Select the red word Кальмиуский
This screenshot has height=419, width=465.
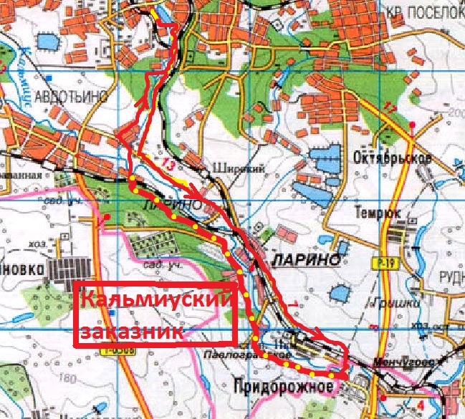pyautogui.click(x=155, y=299)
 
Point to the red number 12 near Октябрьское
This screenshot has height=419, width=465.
pyautogui.click(x=390, y=108)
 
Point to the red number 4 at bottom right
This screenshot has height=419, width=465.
pyautogui.click(x=420, y=403)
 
